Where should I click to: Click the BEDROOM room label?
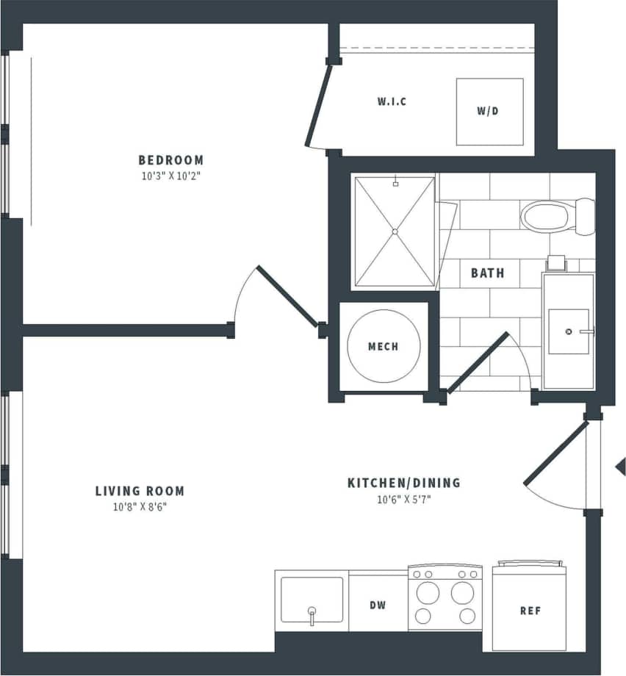170,159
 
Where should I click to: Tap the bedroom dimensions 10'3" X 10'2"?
170,176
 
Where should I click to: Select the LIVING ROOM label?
140,491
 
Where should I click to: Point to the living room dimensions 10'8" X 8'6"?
140,507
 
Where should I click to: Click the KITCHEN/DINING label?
403,483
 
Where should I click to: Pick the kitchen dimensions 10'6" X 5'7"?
403,499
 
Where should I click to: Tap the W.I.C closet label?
392,101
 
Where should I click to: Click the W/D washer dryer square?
489,112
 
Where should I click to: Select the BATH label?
488,273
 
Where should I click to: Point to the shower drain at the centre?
395,231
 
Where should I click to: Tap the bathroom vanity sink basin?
569,331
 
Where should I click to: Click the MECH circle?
384,346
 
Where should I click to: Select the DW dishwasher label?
378,605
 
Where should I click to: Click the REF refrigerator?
529,609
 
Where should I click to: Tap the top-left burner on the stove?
424,591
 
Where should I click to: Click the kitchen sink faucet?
312,614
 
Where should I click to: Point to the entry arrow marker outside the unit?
620,466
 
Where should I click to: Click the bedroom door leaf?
287,295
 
